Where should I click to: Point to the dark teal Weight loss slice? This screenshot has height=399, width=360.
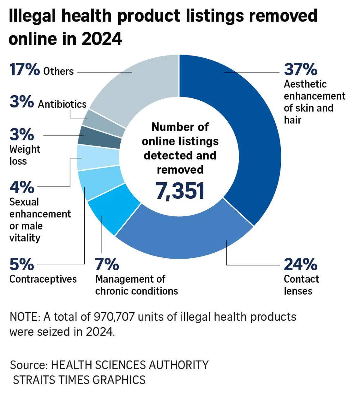[99, 138]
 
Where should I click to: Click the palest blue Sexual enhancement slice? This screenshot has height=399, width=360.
[98, 157]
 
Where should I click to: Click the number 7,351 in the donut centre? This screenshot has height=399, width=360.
[180, 191]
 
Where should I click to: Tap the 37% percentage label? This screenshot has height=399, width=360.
[300, 69]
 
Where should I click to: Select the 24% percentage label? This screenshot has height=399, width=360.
[300, 264]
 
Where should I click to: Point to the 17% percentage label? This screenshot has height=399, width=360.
[25, 69]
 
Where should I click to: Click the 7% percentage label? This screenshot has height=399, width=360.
[107, 264]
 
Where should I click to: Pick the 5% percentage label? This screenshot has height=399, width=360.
[21, 264]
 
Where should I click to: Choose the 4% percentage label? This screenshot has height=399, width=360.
[21, 187]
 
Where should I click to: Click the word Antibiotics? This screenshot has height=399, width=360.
[62, 104]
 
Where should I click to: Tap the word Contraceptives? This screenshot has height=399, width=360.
[43, 279]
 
